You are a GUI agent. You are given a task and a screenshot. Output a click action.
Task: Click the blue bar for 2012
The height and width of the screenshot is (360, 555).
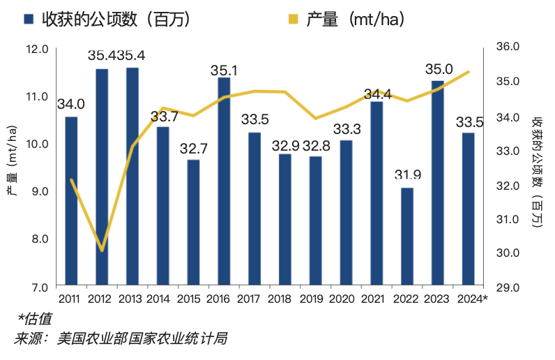tap(102, 177)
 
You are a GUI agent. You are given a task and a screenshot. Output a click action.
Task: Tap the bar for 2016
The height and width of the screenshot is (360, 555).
tap(224, 181)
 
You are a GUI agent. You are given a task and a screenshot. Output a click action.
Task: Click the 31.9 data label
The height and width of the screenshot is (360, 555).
tap(408, 174)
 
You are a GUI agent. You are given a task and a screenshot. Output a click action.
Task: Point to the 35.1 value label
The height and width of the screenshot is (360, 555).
tap(225, 70)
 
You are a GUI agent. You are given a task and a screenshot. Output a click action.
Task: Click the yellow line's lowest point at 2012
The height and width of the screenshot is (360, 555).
tap(102, 250)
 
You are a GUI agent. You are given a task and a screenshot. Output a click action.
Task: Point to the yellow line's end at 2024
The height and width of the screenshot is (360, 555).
tap(468, 72)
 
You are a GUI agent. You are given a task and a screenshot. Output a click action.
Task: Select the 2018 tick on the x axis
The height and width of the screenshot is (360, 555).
tap(279, 299)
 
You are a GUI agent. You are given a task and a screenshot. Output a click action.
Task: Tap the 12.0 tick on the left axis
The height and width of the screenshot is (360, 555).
tap(37, 50)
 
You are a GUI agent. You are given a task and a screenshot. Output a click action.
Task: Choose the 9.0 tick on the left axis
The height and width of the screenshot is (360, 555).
tap(38, 191)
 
